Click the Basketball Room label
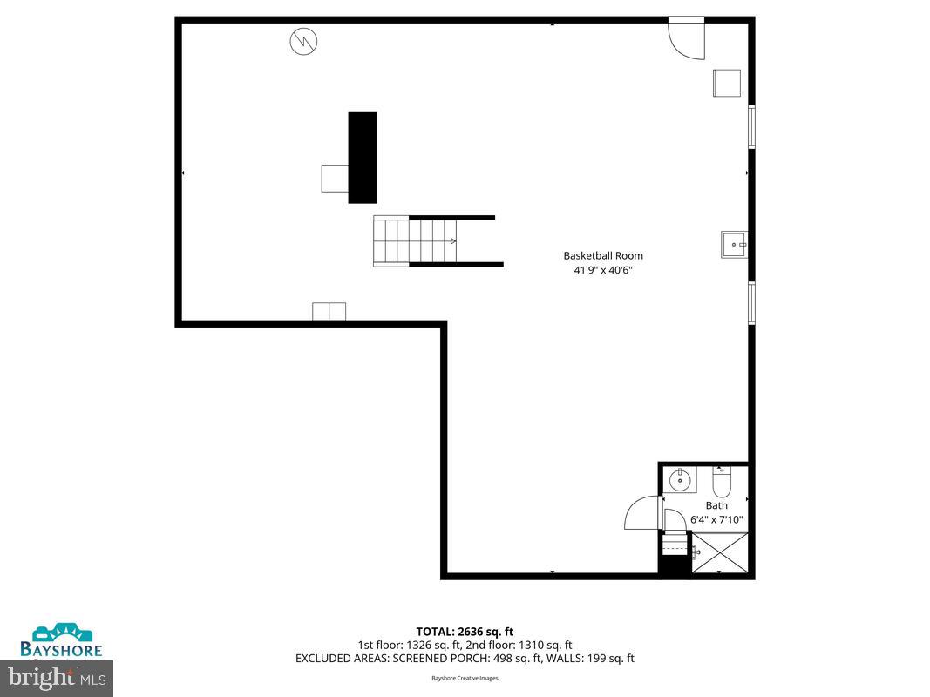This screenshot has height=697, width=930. [x=603, y=255]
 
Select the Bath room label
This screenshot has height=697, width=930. [x=716, y=505]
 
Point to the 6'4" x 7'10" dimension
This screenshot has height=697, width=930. [x=716, y=520]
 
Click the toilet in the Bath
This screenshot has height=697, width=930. [x=722, y=483]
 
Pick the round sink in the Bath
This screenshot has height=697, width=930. [x=681, y=480]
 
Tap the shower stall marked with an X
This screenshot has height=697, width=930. [x=719, y=552]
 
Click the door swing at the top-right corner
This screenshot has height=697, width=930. [x=686, y=38]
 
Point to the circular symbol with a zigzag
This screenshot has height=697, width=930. [x=303, y=40]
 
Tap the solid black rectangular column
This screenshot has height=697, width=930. [x=363, y=157]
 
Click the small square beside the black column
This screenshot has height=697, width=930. [x=335, y=178]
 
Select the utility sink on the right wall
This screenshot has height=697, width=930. [x=734, y=245]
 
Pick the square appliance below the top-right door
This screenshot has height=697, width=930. [x=727, y=83]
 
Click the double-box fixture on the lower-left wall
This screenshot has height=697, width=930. [x=329, y=311]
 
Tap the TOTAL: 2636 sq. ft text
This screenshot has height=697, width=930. [x=465, y=632]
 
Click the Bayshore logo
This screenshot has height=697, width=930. [x=62, y=639]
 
